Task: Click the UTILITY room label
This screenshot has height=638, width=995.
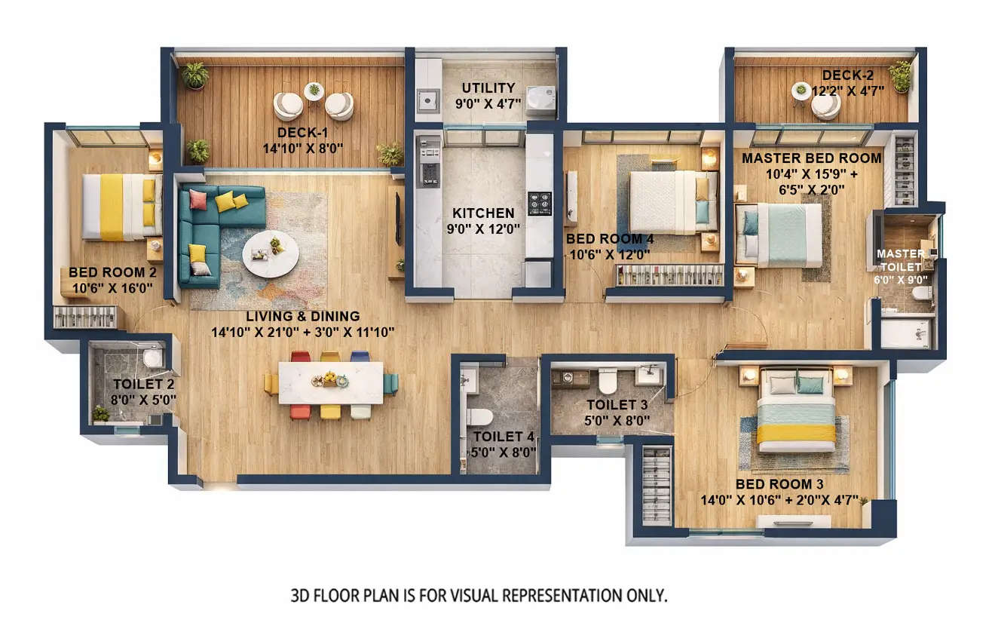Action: click(x=488, y=88)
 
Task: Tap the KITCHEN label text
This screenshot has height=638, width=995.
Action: click(x=483, y=213)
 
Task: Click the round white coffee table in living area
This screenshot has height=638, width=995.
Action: click(x=270, y=253)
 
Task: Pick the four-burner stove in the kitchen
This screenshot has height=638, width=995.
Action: click(x=539, y=203)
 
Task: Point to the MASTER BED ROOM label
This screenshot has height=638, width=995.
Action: click(x=811, y=158)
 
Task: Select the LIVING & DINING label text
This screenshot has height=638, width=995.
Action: click(x=302, y=316)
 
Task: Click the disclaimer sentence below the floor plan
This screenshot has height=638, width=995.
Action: click(x=479, y=595)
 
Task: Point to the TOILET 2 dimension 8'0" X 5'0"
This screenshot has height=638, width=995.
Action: click(x=143, y=400)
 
